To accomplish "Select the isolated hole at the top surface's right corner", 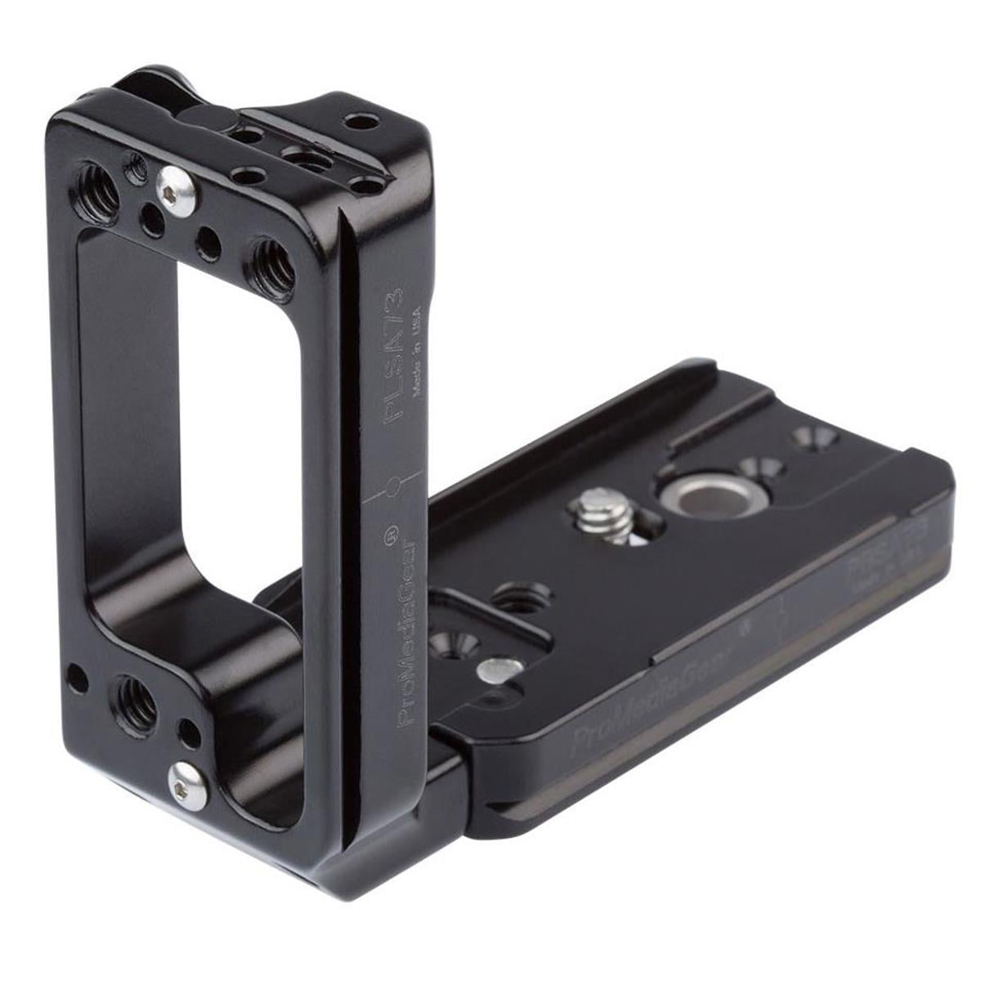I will [355, 121].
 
